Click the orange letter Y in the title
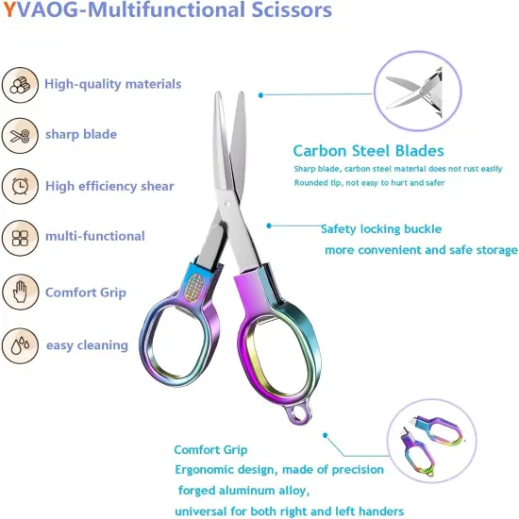(8, 10)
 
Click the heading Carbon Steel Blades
(368, 151)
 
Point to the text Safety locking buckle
(381, 228)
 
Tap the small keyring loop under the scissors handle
(300, 412)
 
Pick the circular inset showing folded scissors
(429, 443)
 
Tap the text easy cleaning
(87, 345)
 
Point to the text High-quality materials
(113, 84)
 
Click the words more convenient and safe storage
(421, 250)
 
